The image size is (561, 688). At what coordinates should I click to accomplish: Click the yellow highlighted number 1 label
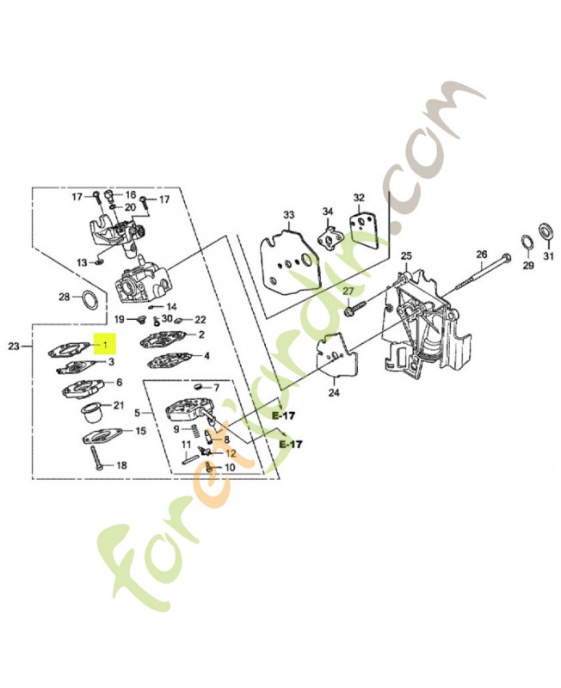(x=105, y=343)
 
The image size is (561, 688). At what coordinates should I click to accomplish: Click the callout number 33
(x=288, y=215)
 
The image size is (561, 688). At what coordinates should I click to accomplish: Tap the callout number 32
(x=359, y=198)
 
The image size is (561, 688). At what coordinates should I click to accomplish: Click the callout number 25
(x=406, y=255)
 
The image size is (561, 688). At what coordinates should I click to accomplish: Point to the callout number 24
(x=334, y=393)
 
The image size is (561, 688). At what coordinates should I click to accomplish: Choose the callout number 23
(x=14, y=347)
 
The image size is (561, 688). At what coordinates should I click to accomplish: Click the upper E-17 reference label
(x=284, y=415)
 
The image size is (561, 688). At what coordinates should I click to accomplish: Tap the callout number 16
(x=131, y=195)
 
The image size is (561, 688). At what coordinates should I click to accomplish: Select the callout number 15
(x=140, y=432)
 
